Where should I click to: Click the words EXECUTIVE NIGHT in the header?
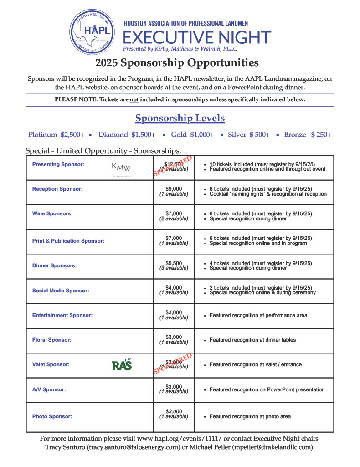pyautogui.click(x=197, y=37)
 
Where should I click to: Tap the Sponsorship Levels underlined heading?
pyautogui.click(x=180, y=119)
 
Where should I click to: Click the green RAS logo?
pyautogui.click(x=122, y=364)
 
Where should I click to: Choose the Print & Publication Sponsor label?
pyautogui.click(x=68, y=241)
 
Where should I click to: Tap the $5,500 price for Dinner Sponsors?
pyautogui.click(x=174, y=263)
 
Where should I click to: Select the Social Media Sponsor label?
pyautogui.click(x=61, y=291)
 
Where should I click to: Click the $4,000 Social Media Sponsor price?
pyautogui.click(x=174, y=288)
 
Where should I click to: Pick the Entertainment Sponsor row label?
pyautogui.click(x=62, y=315)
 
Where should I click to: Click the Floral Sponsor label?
pyautogui.click(x=51, y=340)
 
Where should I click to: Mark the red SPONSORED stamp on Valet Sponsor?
pyautogui.click(x=173, y=364)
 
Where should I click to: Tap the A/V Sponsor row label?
pyautogui.click(x=49, y=390)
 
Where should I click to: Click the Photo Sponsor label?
pyautogui.click(x=51, y=416)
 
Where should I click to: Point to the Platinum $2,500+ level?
pyautogui.click(x=56, y=135)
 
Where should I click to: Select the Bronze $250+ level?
pyautogui.click(x=308, y=135)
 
